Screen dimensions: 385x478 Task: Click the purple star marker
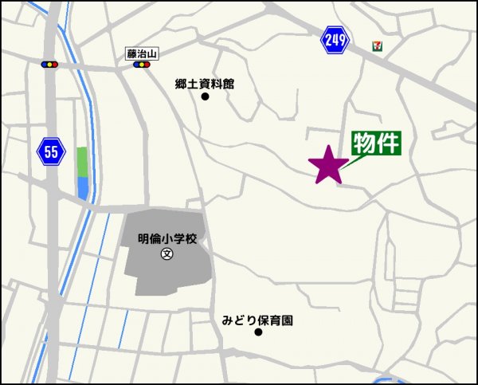coord(328,165)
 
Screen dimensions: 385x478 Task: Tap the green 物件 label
coord(376,143)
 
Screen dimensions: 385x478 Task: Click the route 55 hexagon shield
coord(51,151)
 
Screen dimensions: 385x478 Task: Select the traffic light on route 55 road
coord(50,64)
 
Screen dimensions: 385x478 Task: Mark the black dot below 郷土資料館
coord(205,97)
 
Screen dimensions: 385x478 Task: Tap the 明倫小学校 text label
coord(167,238)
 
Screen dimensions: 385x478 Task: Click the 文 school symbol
coord(167,254)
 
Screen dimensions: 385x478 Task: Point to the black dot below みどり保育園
coord(257,332)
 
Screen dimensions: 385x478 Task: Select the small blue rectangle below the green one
coord(83,188)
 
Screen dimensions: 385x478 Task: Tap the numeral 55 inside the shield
coord(51,151)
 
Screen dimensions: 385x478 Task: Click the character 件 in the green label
coord(387,143)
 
